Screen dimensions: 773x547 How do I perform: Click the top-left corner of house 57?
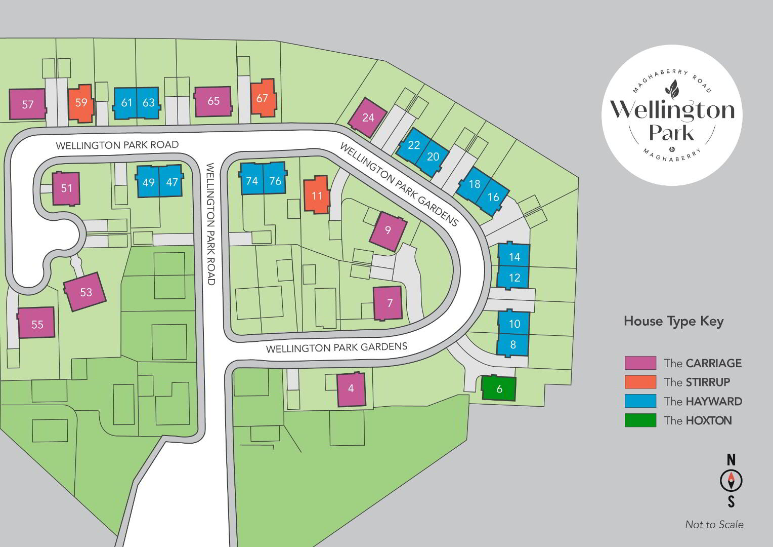pos(9,90)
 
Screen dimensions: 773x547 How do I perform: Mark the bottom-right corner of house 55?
pos(55,336)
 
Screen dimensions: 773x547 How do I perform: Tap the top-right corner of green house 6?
pos(516,378)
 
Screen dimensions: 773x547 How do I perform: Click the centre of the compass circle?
pos(731,481)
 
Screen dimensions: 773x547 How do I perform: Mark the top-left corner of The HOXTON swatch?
pos(625,414)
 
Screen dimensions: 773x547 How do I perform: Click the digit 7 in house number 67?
pos(265,98)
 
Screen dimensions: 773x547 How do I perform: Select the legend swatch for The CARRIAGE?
pos(640,363)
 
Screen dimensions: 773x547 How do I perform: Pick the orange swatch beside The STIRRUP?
pos(640,382)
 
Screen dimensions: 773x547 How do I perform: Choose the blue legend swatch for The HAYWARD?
pos(640,401)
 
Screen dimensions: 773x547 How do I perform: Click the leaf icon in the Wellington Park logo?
pos(672,89)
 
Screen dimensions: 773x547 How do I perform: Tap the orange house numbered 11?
pos(317,195)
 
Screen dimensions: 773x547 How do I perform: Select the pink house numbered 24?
pos(367,118)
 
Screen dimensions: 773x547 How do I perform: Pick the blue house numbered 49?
pos(148,181)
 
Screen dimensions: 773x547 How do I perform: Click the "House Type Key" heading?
pos(674,321)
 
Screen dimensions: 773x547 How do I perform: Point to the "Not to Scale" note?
pos(714,525)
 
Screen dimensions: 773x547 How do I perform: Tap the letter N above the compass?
pos(731,460)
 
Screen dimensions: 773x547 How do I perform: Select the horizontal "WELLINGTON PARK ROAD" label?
pos(117,145)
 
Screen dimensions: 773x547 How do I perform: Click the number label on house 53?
pos(86,292)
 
